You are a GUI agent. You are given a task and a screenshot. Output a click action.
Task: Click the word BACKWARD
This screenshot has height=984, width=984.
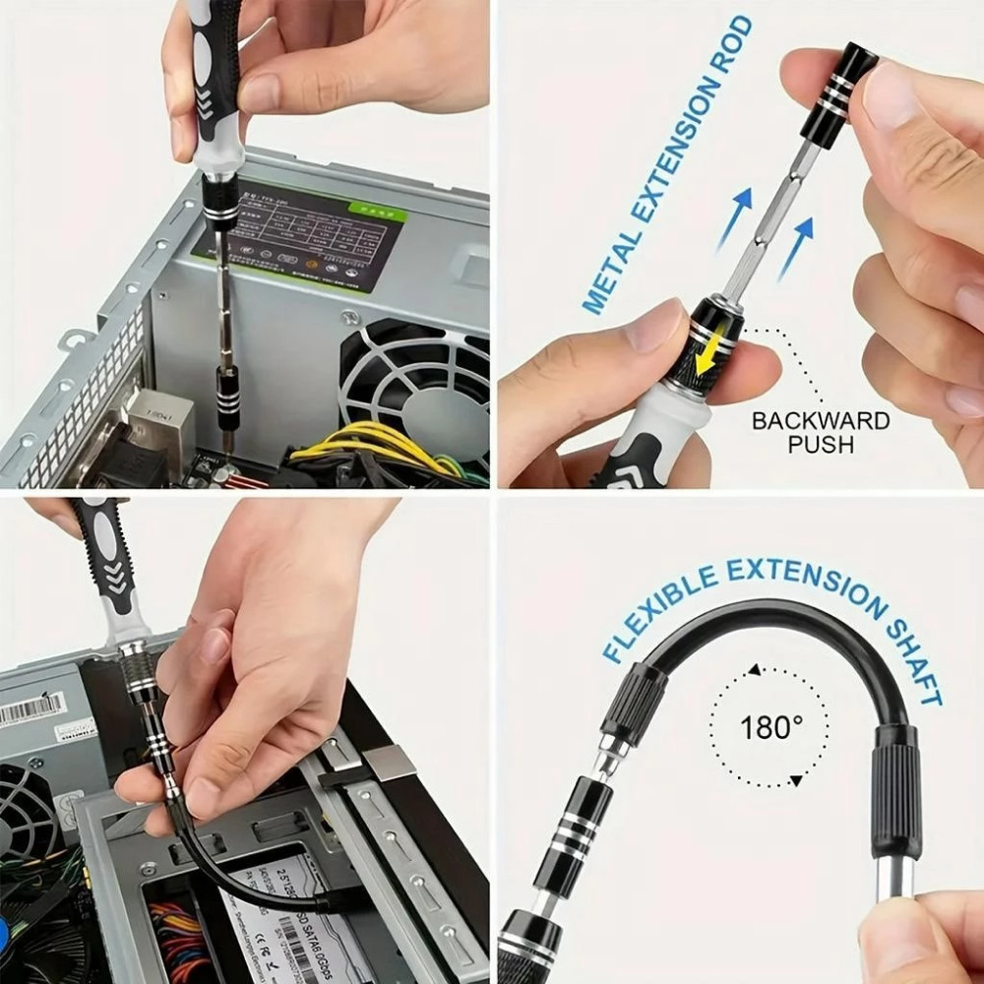821,421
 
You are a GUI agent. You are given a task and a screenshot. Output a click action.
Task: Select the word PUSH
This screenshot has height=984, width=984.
821,445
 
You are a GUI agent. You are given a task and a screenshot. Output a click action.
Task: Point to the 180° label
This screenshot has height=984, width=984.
770,728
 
